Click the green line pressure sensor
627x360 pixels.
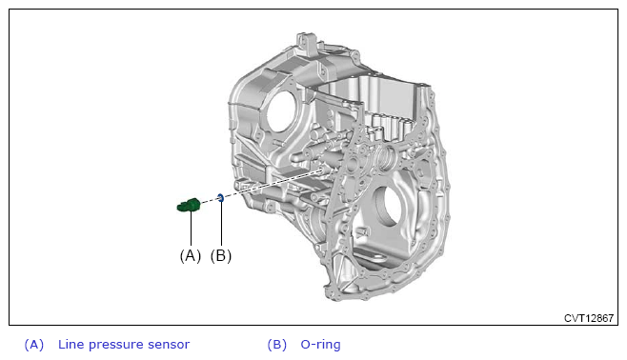188,206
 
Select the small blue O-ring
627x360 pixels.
220,197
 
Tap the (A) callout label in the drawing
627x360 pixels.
191,256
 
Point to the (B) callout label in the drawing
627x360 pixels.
221,256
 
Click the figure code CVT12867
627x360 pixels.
589,318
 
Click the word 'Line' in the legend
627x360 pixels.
71,345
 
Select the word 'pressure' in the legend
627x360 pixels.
116,346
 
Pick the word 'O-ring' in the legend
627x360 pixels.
321,345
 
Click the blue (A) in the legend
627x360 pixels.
34,345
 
